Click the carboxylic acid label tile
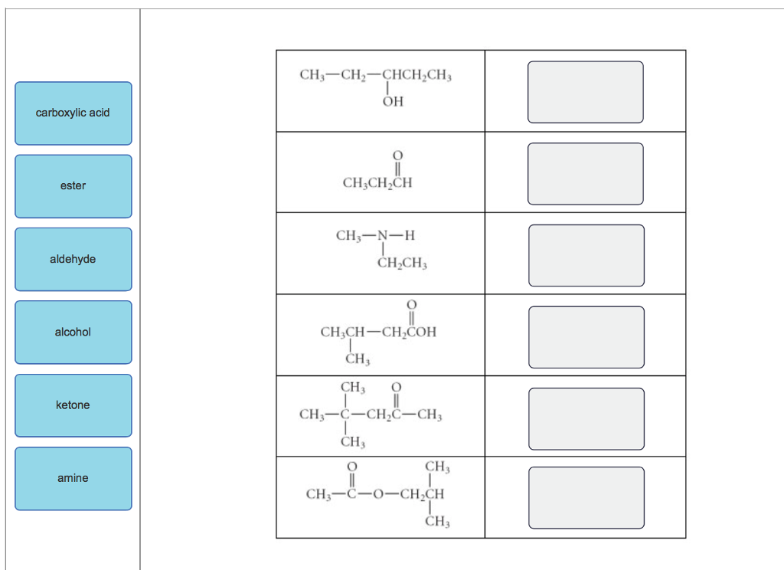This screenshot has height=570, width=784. point(73,113)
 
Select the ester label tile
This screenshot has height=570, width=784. point(73,186)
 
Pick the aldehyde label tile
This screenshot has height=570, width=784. point(73,260)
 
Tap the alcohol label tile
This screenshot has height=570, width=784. point(73,332)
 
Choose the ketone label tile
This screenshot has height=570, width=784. point(73,405)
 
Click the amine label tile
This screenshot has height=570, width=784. point(73,479)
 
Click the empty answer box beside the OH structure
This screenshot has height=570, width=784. point(585,92)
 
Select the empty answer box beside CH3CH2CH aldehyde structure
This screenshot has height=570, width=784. point(585,174)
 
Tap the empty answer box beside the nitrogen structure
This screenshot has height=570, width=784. point(585,255)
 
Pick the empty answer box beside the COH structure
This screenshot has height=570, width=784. point(585,337)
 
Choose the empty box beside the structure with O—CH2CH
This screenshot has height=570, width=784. point(585,498)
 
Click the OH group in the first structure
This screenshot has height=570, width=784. point(393,101)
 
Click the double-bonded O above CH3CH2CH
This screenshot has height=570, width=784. point(397,156)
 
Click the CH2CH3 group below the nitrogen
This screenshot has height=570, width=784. point(402,264)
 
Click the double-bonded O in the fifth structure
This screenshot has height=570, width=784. point(397,387)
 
